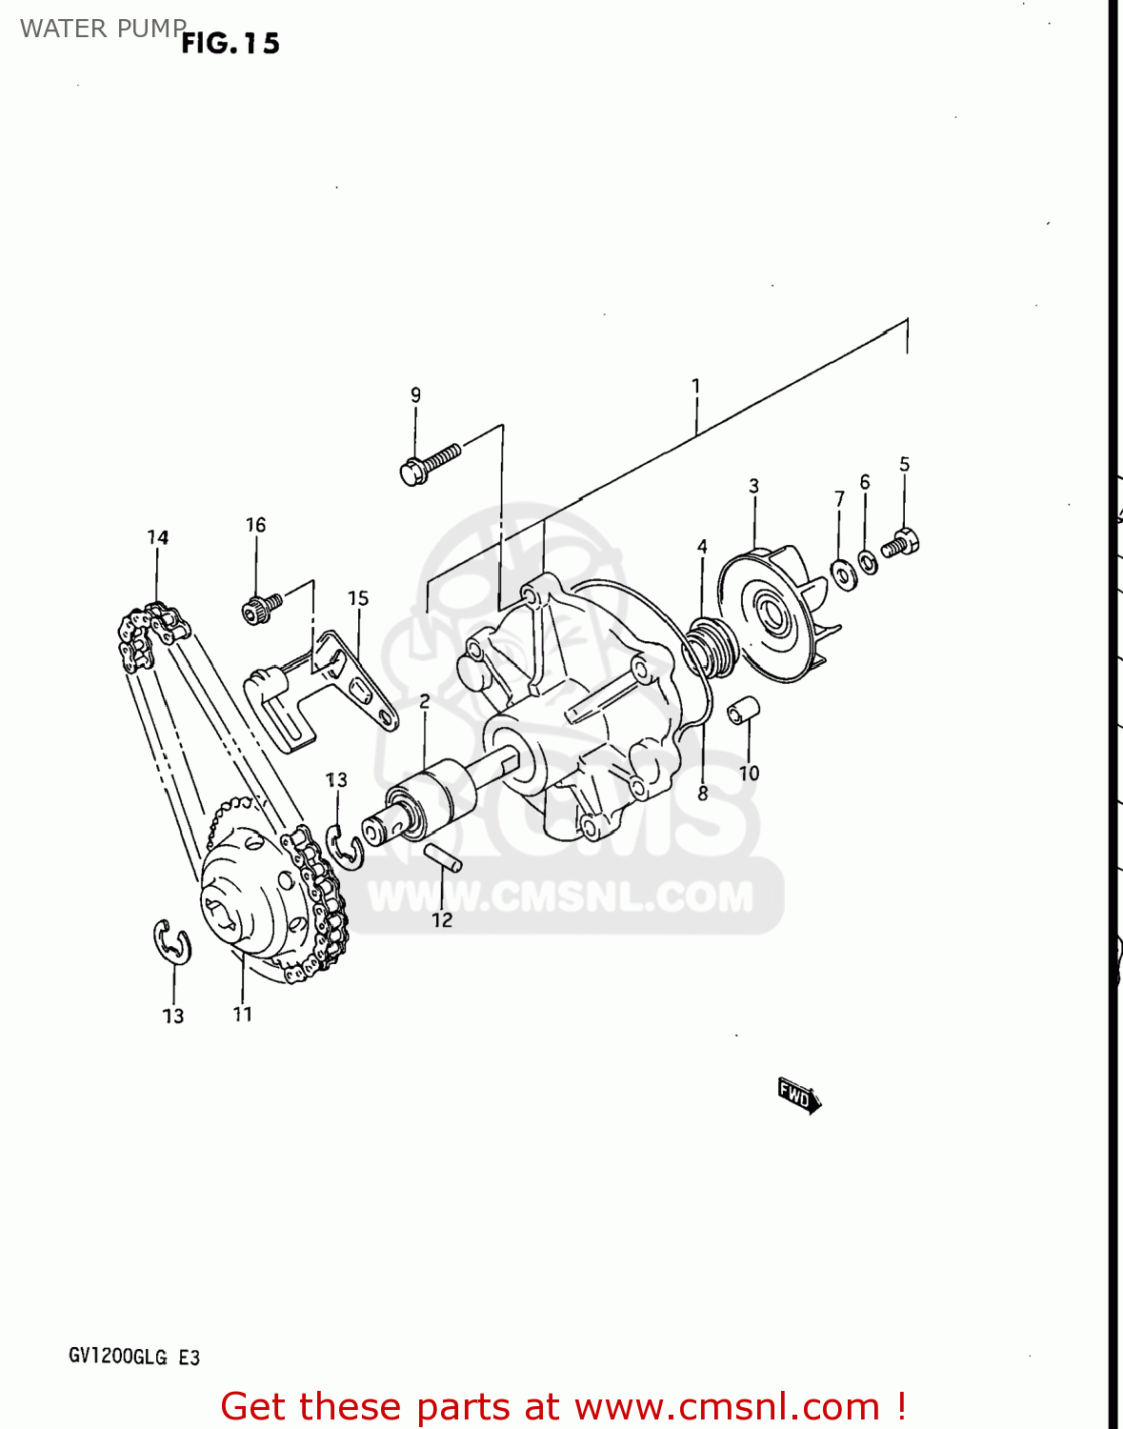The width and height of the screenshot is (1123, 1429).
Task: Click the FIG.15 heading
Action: tap(231, 43)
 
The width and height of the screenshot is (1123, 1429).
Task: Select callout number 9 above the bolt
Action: tap(415, 394)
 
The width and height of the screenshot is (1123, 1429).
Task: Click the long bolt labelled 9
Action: tap(430, 463)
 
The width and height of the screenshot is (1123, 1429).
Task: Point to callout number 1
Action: tap(696, 386)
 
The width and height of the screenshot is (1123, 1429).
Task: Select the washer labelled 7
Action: tap(843, 574)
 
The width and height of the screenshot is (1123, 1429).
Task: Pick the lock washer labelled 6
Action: tap(868, 562)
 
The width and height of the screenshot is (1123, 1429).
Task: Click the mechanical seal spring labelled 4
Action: tap(710, 643)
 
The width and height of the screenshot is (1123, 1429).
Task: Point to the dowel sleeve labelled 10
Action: tap(743, 710)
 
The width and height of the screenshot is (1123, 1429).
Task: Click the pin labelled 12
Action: tap(443, 857)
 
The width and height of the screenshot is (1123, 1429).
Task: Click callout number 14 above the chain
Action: tap(158, 537)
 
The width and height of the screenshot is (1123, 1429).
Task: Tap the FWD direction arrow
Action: tap(798, 1096)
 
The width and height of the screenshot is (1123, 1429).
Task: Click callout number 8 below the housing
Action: tap(703, 793)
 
